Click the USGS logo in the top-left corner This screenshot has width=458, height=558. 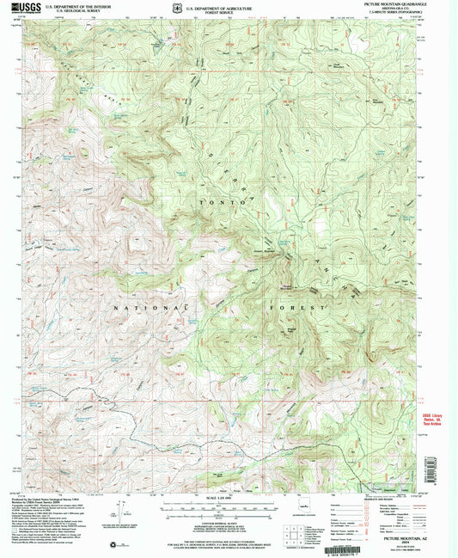click(23, 9)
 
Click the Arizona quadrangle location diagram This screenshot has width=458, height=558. click(299, 515)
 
